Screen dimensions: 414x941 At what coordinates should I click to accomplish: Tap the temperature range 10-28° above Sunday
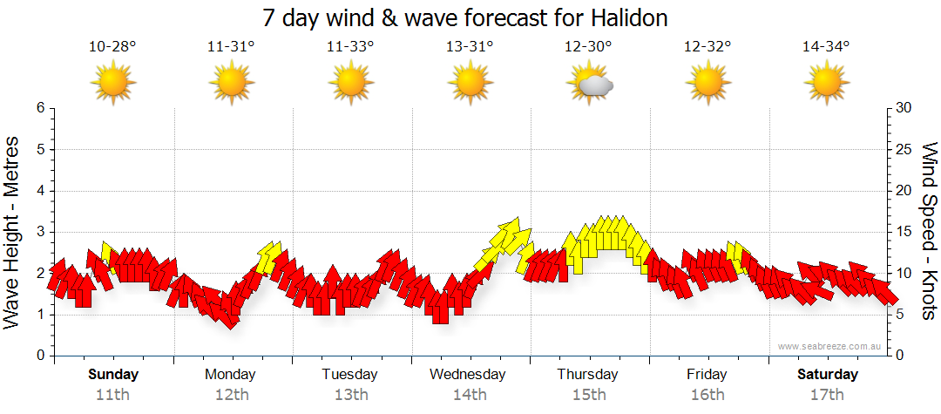[x=112, y=47]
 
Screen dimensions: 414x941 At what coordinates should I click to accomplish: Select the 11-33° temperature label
[x=350, y=47]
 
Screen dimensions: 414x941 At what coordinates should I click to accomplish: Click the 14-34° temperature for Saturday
[x=826, y=47]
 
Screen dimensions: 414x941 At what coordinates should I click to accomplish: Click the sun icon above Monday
[x=231, y=84]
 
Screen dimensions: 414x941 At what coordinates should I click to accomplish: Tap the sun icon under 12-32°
[x=707, y=84]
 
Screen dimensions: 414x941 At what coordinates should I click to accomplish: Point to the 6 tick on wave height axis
[x=39, y=108]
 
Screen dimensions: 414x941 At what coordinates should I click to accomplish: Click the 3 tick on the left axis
[x=39, y=232]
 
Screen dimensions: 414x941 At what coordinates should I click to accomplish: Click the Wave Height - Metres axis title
[x=13, y=232]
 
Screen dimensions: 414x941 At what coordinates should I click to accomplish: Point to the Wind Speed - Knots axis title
[x=929, y=232]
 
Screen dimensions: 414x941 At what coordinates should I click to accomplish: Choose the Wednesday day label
[x=468, y=375]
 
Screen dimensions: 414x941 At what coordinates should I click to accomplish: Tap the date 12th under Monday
[x=231, y=394]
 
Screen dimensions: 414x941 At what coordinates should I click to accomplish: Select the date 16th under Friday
[x=707, y=394]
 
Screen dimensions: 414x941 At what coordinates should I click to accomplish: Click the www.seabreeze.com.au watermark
[x=830, y=346]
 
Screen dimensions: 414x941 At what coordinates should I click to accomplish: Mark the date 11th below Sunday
[x=112, y=394]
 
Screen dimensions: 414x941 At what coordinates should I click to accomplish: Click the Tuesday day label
[x=350, y=375]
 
